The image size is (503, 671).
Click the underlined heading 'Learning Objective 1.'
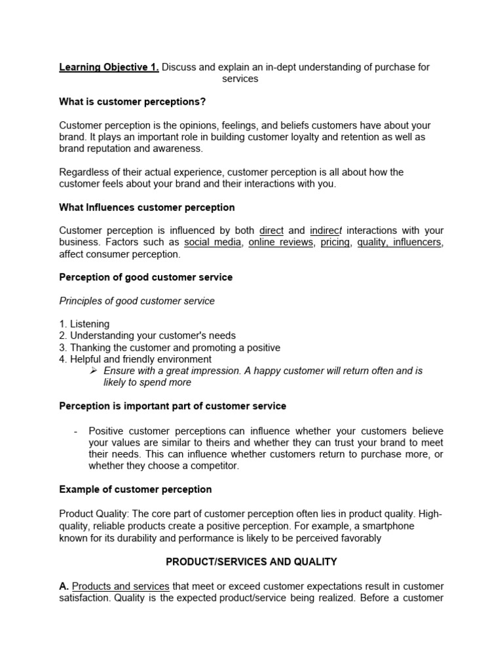pyautogui.click(x=109, y=67)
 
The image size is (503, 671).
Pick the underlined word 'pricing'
pyautogui.click(x=336, y=242)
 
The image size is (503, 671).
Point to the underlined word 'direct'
pyautogui.click(x=271, y=231)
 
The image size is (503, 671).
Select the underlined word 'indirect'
pyautogui.click(x=326, y=231)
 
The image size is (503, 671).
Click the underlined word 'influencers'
pyautogui.click(x=418, y=242)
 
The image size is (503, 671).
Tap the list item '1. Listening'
pyautogui.click(x=84, y=324)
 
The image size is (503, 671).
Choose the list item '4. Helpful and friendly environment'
pyautogui.click(x=135, y=359)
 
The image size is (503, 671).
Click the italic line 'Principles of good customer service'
pyautogui.click(x=137, y=301)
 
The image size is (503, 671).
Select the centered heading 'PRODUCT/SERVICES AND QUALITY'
pyautogui.click(x=251, y=562)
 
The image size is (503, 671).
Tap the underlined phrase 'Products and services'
pyautogui.click(x=121, y=586)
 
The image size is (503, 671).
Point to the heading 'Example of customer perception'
pyautogui.click(x=136, y=489)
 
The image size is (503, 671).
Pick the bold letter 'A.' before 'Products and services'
pyautogui.click(x=64, y=586)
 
